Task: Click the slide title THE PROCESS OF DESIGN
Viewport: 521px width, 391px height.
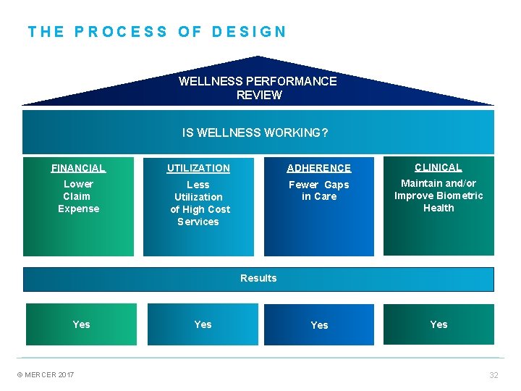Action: click(x=157, y=32)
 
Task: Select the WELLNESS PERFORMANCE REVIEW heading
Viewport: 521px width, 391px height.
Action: click(x=258, y=88)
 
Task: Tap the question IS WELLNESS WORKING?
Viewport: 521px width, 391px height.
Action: click(x=255, y=133)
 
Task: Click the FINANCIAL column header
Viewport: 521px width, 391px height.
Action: click(x=78, y=168)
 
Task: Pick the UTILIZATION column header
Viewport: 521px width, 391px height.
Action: click(x=198, y=168)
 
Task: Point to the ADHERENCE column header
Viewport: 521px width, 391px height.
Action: click(x=319, y=168)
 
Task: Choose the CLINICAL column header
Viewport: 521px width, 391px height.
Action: click(x=439, y=167)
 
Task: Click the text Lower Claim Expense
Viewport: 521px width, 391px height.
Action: click(x=78, y=196)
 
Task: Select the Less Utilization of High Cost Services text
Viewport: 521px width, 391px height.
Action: click(x=200, y=203)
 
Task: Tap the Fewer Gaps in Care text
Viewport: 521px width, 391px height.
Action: click(x=319, y=190)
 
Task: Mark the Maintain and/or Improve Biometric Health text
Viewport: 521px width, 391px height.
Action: click(x=439, y=195)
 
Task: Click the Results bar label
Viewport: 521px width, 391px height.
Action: click(x=258, y=278)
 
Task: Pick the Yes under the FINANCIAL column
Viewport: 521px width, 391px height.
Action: click(x=82, y=324)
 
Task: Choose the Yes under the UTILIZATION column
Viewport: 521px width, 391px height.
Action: click(x=203, y=324)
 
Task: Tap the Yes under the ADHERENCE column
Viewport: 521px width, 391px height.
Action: click(x=319, y=325)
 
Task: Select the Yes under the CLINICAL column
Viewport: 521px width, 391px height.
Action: click(x=439, y=324)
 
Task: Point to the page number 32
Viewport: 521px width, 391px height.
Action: click(x=494, y=375)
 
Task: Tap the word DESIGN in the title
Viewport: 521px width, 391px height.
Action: click(x=250, y=32)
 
